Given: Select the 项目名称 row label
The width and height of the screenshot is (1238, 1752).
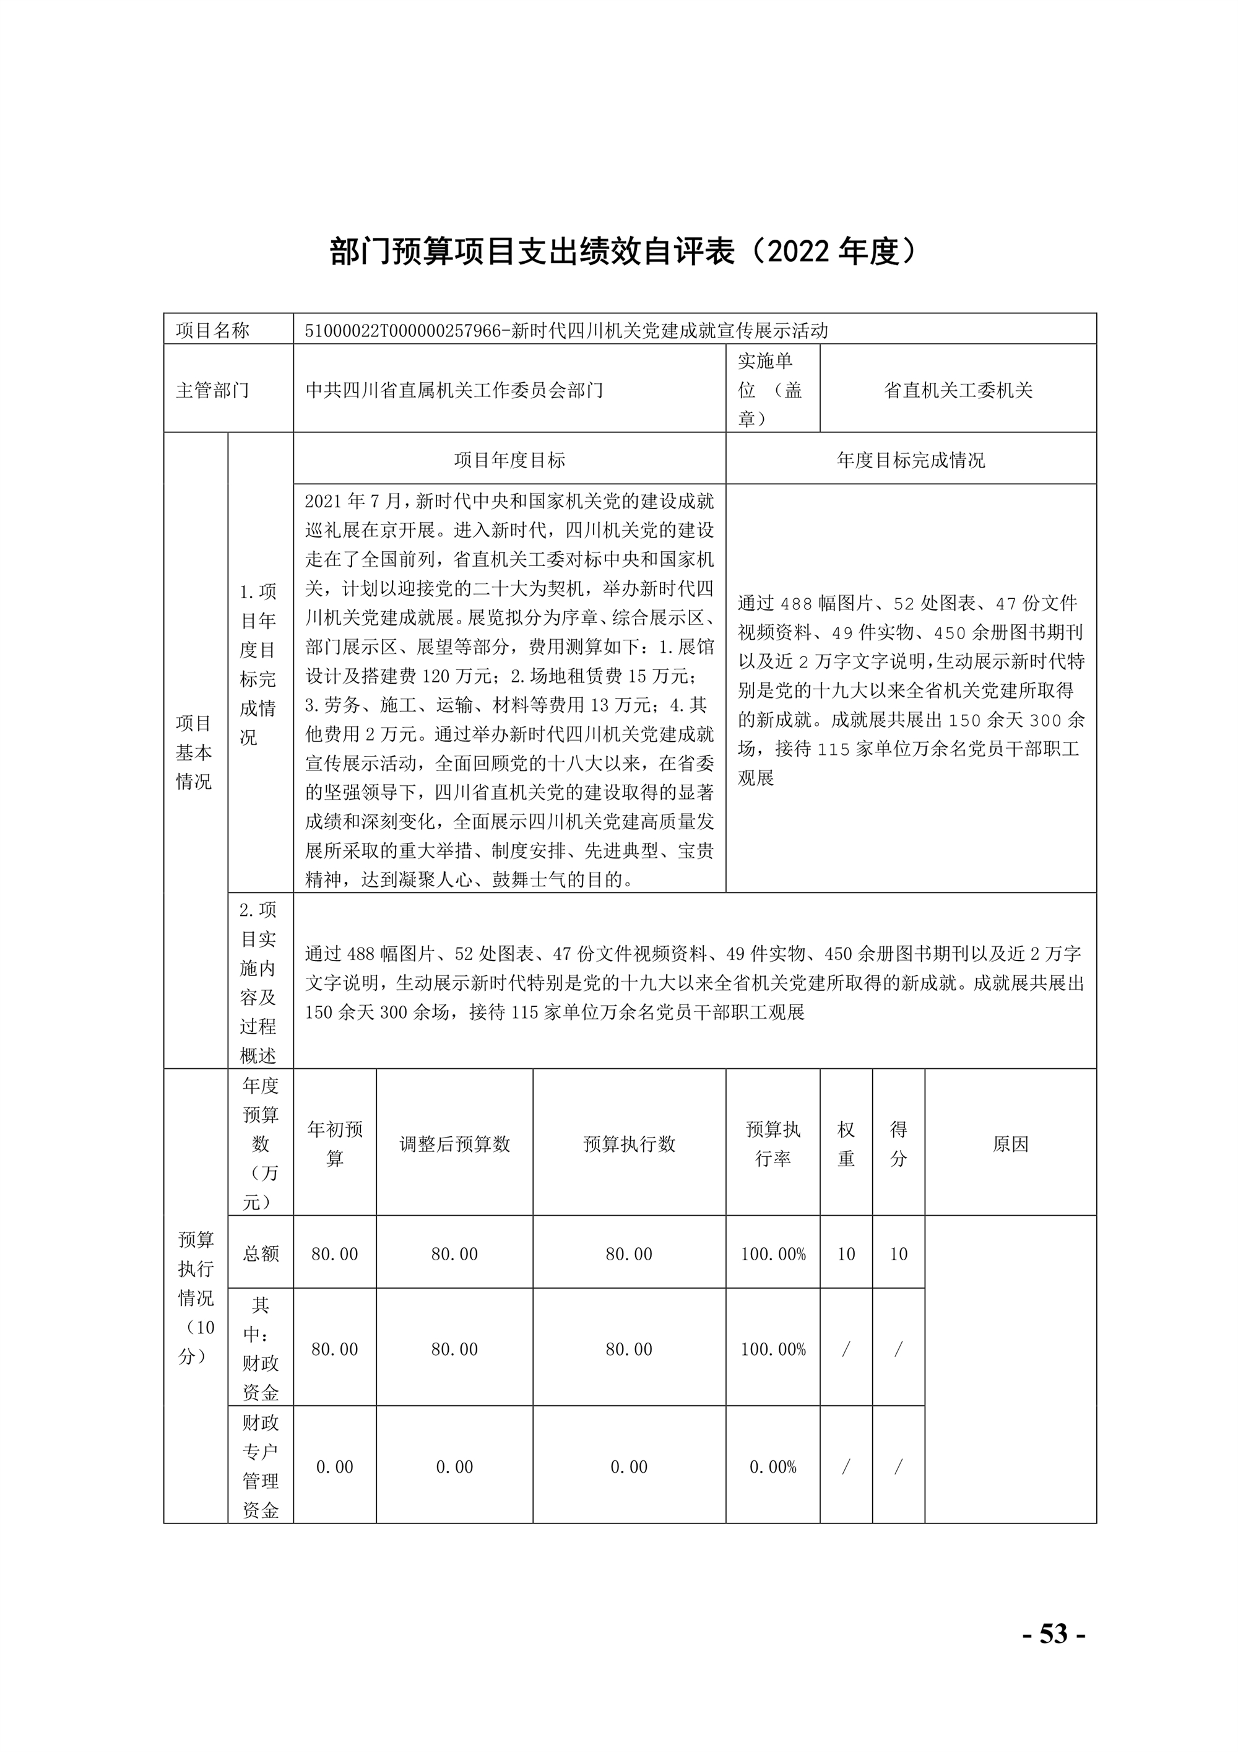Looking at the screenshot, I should (x=213, y=331).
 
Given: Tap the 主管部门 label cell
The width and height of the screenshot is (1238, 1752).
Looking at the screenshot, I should (x=213, y=390).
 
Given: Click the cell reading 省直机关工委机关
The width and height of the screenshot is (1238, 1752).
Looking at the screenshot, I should (x=958, y=390).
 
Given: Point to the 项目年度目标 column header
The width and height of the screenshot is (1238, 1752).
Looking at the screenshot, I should (x=509, y=460).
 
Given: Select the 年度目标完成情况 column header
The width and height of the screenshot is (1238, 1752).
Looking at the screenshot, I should (x=911, y=460).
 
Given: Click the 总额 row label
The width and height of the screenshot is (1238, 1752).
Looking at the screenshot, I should (x=260, y=1253).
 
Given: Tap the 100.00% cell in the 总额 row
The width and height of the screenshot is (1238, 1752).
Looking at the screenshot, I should (x=773, y=1253).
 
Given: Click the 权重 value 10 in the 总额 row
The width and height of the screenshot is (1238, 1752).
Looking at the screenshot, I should (x=846, y=1253).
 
